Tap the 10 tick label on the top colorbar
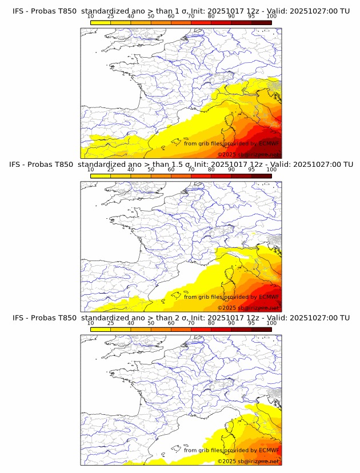point(90,17)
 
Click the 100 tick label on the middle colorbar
point(271,170)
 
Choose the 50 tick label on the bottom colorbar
point(151,323)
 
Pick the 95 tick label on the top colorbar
point(251,17)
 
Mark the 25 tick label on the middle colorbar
point(110,170)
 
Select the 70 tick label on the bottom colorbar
point(191,323)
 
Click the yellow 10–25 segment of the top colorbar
point(101,22)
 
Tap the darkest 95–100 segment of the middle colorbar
point(261,175)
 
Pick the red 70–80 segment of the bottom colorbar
point(201,328)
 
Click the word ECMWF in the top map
point(269,144)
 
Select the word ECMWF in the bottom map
point(269,450)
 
